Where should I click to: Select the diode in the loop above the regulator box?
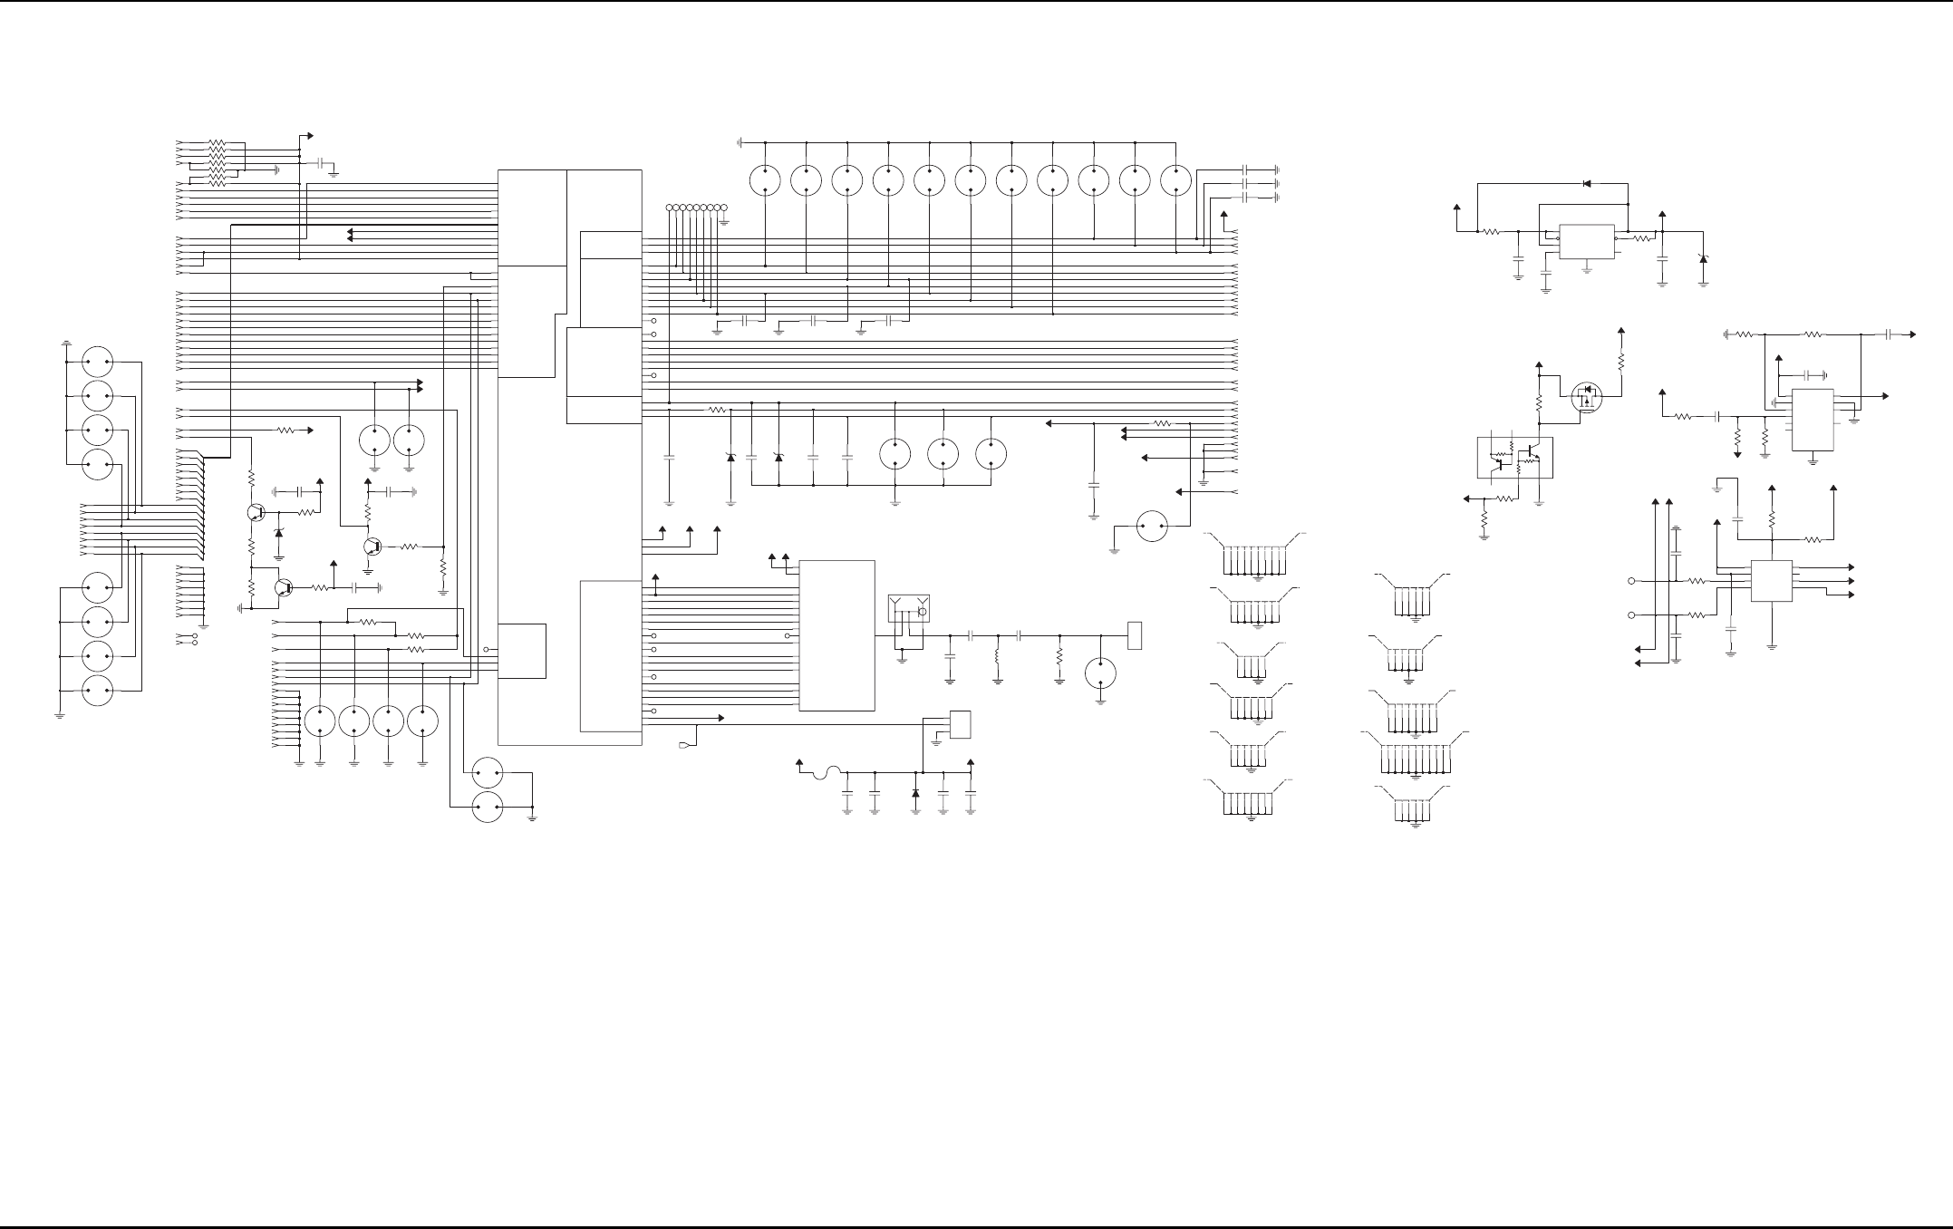(1586, 184)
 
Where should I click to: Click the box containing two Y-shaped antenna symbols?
(908, 609)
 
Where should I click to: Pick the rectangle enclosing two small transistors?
(1514, 458)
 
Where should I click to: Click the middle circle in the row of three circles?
(943, 453)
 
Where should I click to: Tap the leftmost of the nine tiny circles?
(670, 208)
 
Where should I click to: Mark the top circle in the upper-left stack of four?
(97, 362)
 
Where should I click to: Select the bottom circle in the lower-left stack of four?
(97, 691)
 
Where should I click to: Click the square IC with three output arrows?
(1772, 581)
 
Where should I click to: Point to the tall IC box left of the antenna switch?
(836, 635)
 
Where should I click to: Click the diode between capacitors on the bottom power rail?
(915, 793)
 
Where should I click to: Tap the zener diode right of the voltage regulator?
(1703, 259)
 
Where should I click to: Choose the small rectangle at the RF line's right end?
(1134, 635)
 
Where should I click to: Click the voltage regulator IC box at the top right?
(1586, 241)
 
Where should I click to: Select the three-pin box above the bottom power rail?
(960, 724)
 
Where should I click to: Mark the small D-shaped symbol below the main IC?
(684, 746)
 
